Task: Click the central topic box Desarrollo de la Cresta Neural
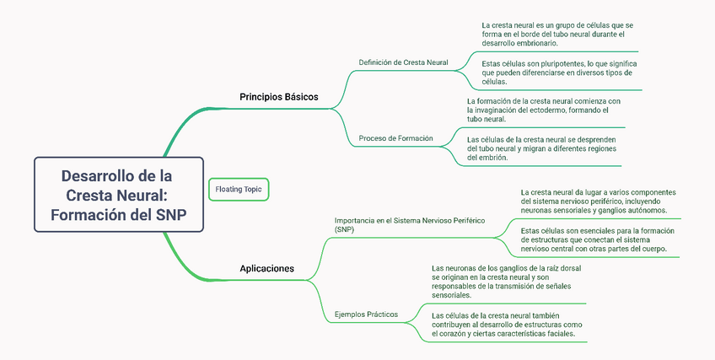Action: [118, 195]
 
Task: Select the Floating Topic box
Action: [239, 190]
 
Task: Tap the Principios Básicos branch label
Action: [278, 97]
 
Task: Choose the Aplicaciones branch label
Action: [266, 269]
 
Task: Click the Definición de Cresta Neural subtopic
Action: [403, 62]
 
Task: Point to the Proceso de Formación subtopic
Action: [395, 138]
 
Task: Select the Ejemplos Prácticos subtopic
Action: [366, 314]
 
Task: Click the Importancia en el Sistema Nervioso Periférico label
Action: [410, 224]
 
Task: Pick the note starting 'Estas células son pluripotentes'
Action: [558, 73]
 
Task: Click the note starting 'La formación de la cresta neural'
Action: [543, 110]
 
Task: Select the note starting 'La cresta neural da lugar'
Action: [597, 201]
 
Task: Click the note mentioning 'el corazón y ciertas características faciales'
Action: [503, 325]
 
